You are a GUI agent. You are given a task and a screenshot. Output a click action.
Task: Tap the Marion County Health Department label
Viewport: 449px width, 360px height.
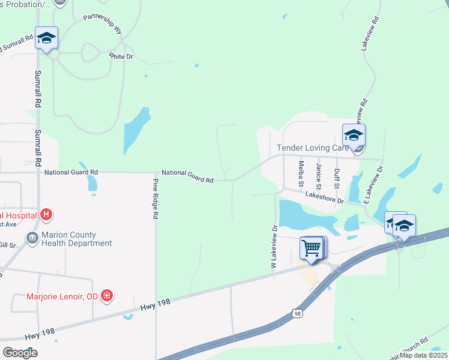pyautogui.click(x=76, y=239)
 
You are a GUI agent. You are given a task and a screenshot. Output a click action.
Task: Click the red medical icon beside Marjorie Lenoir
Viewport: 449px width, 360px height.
pyautogui.click(x=107, y=295)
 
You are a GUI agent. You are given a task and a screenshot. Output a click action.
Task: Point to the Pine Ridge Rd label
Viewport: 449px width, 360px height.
pyautogui.click(x=155, y=199)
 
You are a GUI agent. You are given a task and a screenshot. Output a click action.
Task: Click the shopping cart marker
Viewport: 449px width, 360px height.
pyautogui.click(x=311, y=247)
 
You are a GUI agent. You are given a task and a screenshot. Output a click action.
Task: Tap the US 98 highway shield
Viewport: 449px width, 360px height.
pyautogui.click(x=297, y=313)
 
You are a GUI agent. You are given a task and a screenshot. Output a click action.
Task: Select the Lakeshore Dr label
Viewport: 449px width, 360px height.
pyautogui.click(x=324, y=197)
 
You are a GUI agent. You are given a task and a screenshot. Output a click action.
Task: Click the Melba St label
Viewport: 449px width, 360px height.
pyautogui.click(x=301, y=173)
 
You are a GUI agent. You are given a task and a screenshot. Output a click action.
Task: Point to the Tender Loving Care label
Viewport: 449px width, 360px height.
pyautogui.click(x=312, y=148)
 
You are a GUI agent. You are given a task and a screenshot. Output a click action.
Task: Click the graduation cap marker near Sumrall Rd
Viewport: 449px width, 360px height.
pyautogui.click(x=46, y=38)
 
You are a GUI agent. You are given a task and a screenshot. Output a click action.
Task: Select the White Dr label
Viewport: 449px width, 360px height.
pyautogui.click(x=121, y=56)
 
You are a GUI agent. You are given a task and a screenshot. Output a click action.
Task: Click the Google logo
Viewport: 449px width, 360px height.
pyautogui.click(x=20, y=352)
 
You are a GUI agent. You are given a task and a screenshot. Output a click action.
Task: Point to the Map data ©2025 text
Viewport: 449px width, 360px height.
pyautogui.click(x=423, y=355)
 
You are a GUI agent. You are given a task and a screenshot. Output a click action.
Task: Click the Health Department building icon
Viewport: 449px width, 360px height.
pyautogui.click(x=31, y=238)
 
